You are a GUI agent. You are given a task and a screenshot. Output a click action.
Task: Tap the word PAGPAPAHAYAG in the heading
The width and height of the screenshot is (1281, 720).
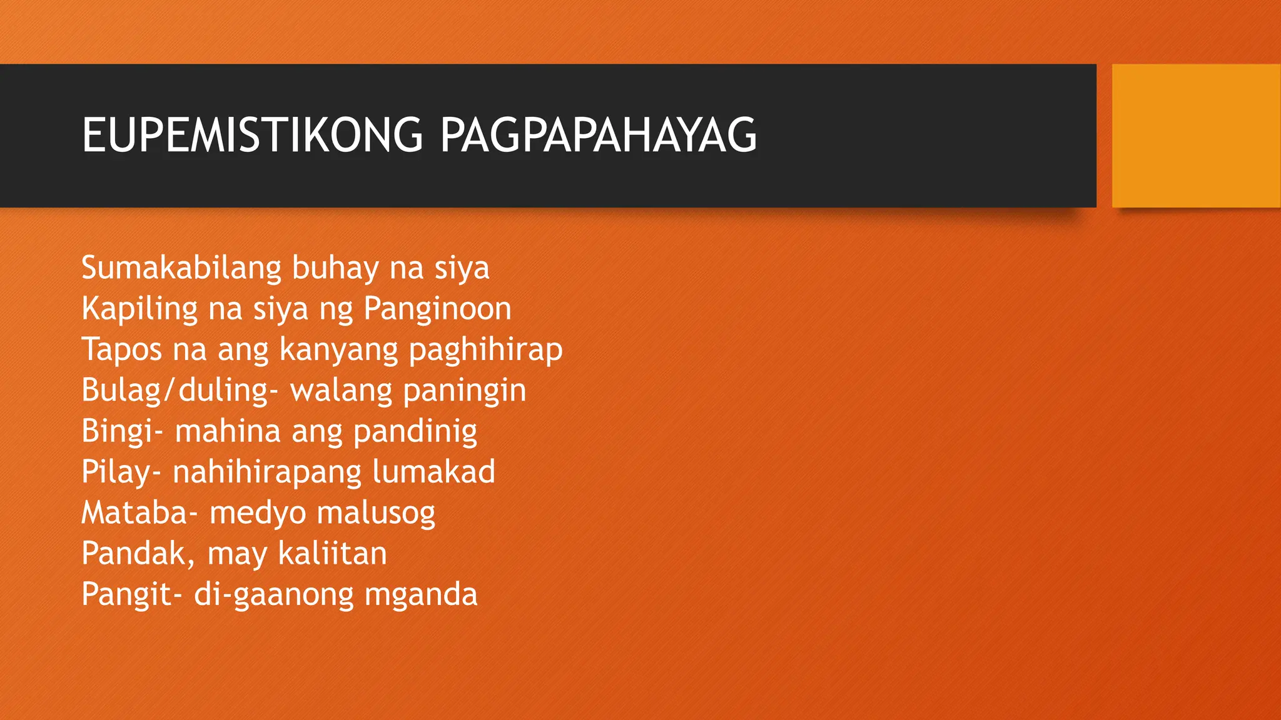(x=598, y=135)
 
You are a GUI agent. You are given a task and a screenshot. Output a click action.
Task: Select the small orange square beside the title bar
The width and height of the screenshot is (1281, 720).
(x=1195, y=136)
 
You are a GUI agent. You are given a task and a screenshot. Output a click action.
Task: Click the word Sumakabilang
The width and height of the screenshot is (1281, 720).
(x=181, y=268)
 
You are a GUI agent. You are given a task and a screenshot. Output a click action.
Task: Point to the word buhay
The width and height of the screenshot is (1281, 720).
(x=335, y=268)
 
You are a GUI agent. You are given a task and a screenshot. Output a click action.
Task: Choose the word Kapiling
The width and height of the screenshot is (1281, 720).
(x=139, y=309)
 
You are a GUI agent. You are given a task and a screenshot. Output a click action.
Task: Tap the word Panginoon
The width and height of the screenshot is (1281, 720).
(x=437, y=309)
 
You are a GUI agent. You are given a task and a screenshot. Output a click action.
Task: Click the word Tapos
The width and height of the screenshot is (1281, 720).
(x=121, y=349)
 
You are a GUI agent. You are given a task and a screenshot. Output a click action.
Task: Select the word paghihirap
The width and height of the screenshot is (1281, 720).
(x=485, y=349)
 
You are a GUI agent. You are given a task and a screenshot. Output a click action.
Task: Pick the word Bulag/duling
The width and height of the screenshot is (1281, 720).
(x=176, y=391)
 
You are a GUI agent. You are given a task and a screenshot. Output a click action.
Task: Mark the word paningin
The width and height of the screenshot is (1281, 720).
(x=464, y=391)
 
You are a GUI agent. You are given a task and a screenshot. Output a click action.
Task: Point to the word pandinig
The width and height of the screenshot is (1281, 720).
(x=415, y=431)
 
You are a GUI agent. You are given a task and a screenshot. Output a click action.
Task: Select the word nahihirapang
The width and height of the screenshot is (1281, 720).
(x=267, y=472)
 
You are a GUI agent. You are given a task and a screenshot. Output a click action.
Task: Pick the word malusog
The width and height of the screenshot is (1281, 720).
(x=375, y=513)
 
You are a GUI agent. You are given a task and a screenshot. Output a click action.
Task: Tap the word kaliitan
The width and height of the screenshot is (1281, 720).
(x=332, y=554)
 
